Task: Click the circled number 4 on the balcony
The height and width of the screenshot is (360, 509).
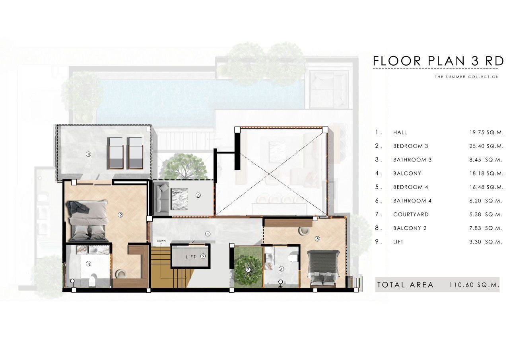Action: tap(88, 154)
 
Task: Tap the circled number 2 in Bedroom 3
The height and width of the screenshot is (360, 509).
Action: tap(120, 214)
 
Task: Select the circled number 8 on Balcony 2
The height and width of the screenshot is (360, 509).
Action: tap(198, 195)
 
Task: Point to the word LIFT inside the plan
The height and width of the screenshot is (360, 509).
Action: tap(190, 257)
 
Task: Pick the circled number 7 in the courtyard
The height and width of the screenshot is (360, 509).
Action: tap(248, 270)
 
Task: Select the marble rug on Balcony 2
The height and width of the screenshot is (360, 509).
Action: tap(179, 199)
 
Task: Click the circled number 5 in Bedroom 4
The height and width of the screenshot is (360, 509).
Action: tap(317, 238)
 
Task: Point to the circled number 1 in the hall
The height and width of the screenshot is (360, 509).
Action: tap(208, 234)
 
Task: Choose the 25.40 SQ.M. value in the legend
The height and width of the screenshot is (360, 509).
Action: tap(486, 146)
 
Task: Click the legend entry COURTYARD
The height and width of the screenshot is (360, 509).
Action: tap(411, 214)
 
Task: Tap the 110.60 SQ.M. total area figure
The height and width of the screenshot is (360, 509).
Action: tap(474, 285)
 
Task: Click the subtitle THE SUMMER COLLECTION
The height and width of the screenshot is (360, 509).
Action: tap(467, 77)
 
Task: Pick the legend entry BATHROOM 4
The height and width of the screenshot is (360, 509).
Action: tap(412, 200)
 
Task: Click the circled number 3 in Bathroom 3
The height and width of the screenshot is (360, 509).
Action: tap(88, 264)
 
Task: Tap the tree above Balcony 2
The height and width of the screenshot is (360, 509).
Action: tap(186, 167)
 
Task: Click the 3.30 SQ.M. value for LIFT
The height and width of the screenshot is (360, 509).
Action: tap(486, 242)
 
